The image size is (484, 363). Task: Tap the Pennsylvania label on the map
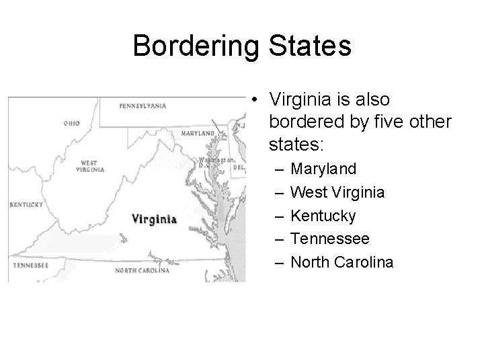[x=143, y=106]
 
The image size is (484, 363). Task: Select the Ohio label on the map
[x=72, y=123]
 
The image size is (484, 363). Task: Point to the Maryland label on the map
[x=198, y=133]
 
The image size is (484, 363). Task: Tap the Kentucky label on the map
[x=27, y=204]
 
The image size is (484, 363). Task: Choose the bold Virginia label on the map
[x=154, y=218]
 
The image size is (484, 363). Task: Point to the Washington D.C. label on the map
[x=214, y=162]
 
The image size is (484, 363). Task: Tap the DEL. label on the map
[x=238, y=166]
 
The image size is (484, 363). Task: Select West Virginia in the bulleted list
[x=337, y=194]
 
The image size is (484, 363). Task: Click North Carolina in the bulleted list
[x=341, y=261]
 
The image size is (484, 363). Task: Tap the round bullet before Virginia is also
[x=257, y=100]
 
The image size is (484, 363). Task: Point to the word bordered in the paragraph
[x=300, y=122]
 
